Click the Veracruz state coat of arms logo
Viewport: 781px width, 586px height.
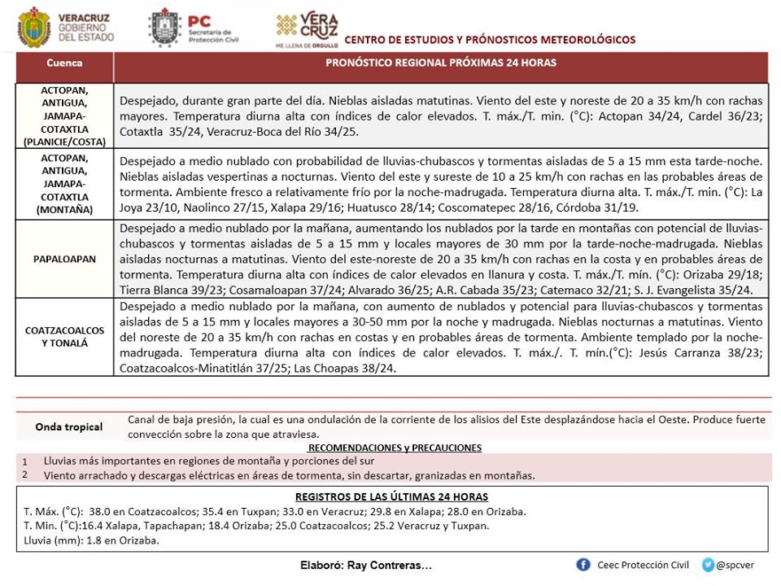tap(34, 28)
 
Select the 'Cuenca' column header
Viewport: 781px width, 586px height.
tap(64, 63)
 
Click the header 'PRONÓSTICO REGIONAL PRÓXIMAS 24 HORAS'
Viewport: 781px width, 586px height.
tap(441, 63)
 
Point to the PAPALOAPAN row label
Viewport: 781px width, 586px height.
tap(64, 259)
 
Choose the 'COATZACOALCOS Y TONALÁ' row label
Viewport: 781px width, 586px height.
tap(64, 337)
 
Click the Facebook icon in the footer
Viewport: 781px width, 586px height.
tap(583, 565)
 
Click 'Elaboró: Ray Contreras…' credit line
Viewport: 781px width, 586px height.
tap(366, 566)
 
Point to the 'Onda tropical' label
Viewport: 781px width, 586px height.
tap(69, 426)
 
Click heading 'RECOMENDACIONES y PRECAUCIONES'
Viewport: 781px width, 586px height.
tap(395, 448)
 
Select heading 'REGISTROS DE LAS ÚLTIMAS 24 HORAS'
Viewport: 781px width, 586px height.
tap(391, 496)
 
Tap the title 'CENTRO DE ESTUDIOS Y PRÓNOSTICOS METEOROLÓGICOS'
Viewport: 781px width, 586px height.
tap(490, 40)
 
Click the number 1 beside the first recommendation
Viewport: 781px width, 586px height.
tap(25, 461)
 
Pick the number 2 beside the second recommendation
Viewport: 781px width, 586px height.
tap(25, 474)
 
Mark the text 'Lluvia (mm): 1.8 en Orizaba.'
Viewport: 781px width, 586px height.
tap(92, 540)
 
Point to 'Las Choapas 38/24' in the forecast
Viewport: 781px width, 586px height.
tap(351, 369)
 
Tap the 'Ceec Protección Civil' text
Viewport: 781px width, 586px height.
tap(643, 565)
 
